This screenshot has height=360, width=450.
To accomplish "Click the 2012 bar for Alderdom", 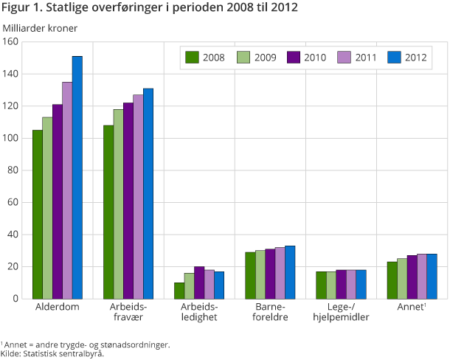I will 77,177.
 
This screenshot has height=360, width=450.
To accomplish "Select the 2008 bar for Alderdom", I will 37,214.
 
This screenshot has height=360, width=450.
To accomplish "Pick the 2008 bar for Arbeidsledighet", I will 179,290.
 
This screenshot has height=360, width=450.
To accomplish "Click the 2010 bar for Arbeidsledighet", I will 198,282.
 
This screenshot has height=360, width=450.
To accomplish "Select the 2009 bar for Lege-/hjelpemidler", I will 330,285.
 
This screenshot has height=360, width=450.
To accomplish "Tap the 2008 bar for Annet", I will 392,280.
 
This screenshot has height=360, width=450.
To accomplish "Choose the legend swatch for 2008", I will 193,57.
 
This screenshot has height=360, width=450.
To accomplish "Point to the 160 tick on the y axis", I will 10,42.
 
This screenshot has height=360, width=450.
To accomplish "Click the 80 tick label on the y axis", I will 13,170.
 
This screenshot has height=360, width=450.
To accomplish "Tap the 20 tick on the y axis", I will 13,266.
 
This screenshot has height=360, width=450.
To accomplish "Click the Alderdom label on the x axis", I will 57,305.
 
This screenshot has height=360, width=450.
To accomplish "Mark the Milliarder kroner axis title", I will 40,28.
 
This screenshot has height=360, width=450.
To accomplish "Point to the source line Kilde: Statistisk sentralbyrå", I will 52,353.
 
